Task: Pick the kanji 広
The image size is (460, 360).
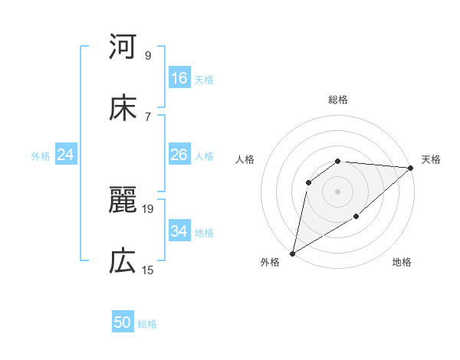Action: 123,262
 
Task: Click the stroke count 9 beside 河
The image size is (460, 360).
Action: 148,56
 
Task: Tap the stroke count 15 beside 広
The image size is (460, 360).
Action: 148,270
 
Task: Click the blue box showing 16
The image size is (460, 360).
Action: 179,78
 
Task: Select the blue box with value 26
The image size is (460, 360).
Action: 179,155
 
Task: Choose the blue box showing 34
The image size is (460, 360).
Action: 179,231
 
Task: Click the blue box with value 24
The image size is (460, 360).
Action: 66,155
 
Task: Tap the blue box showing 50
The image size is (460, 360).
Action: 123,322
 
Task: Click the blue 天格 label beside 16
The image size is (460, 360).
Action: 204,79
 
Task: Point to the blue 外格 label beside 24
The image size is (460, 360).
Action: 41,155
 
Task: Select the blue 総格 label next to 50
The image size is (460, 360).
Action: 147,323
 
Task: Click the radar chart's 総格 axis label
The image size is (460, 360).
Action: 338,100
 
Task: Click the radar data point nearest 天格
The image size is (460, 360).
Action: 411,168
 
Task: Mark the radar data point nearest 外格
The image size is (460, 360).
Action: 292,253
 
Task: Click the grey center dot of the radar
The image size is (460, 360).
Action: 337,191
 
